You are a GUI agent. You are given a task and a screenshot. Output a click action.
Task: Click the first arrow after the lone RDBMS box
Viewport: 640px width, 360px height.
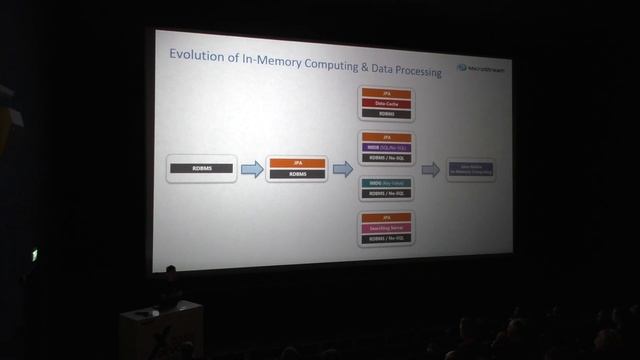252,169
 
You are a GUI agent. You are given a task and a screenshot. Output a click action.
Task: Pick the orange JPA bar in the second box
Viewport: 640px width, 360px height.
297,162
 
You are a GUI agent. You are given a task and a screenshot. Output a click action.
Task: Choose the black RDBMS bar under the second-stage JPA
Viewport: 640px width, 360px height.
297,174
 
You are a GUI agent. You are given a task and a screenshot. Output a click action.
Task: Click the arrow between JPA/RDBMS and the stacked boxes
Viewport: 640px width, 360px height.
342,169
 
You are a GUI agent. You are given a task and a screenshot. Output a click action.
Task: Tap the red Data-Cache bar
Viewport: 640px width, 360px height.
385,103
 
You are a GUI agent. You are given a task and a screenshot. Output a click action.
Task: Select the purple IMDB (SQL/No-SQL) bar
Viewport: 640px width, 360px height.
385,147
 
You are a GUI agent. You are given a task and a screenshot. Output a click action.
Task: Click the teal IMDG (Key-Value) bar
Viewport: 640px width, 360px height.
385,183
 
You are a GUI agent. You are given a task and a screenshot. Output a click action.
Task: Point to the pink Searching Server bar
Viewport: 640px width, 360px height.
385,227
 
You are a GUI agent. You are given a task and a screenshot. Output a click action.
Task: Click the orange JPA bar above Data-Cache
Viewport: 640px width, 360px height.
385,93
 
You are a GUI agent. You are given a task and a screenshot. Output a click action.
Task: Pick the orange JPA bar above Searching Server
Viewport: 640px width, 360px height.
385,217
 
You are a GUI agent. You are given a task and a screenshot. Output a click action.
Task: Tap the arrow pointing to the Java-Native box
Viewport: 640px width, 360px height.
430,170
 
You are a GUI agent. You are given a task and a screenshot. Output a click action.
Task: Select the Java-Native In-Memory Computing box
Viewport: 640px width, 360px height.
470,170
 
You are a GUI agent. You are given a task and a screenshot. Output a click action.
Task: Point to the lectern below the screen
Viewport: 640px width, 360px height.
160,330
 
